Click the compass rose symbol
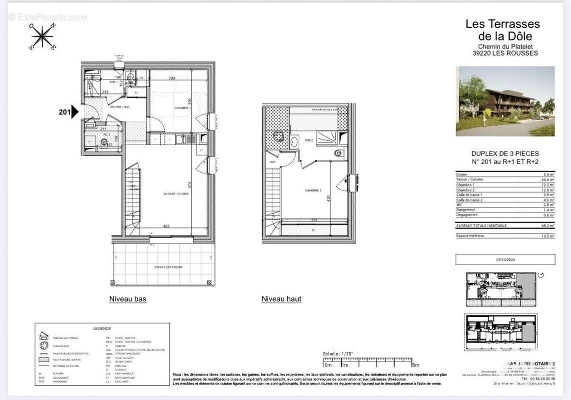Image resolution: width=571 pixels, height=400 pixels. (x=42, y=37)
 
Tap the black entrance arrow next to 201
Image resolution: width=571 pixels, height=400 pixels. (x=75, y=112)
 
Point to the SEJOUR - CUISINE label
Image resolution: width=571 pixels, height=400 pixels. (x=176, y=193)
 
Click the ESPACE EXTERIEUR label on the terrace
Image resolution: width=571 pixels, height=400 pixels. (x=168, y=267)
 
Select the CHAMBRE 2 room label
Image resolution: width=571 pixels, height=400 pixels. (x=313, y=190)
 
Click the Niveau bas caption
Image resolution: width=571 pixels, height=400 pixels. (x=128, y=299)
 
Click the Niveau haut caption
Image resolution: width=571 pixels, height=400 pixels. (x=281, y=299)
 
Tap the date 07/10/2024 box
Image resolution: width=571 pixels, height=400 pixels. (x=505, y=259)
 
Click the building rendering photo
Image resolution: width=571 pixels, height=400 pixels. (x=505, y=101)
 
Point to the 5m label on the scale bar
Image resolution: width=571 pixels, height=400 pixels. (x=415, y=365)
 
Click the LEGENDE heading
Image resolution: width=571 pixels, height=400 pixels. (x=102, y=328)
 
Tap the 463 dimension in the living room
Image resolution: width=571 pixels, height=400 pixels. (x=166, y=226)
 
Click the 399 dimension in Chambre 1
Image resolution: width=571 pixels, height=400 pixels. (x=171, y=78)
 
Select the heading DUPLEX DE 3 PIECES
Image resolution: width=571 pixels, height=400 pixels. (x=505, y=153)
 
